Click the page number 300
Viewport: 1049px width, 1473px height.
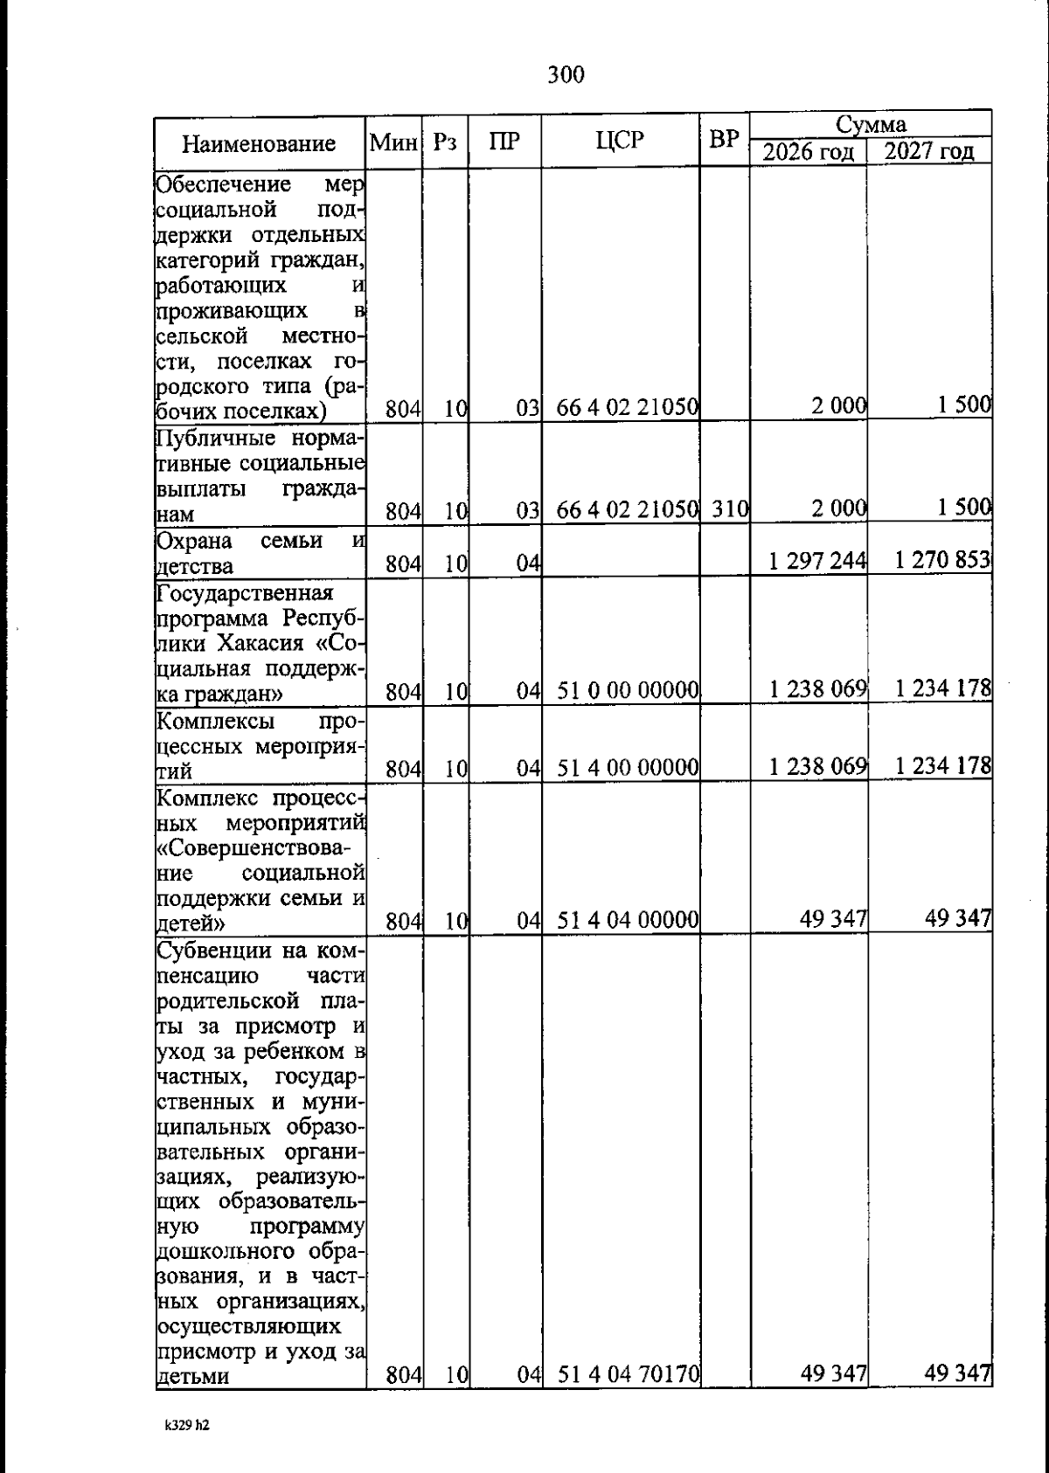(566, 75)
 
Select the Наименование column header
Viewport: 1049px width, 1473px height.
(259, 143)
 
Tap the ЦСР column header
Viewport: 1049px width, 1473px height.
(620, 140)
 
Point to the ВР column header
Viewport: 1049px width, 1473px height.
(725, 140)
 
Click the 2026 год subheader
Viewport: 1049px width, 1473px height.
(808, 152)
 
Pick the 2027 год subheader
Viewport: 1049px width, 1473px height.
(928, 152)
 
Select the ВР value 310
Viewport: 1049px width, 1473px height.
(726, 508)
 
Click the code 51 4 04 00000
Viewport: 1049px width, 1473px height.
(628, 920)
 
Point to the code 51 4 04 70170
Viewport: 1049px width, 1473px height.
(628, 1375)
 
